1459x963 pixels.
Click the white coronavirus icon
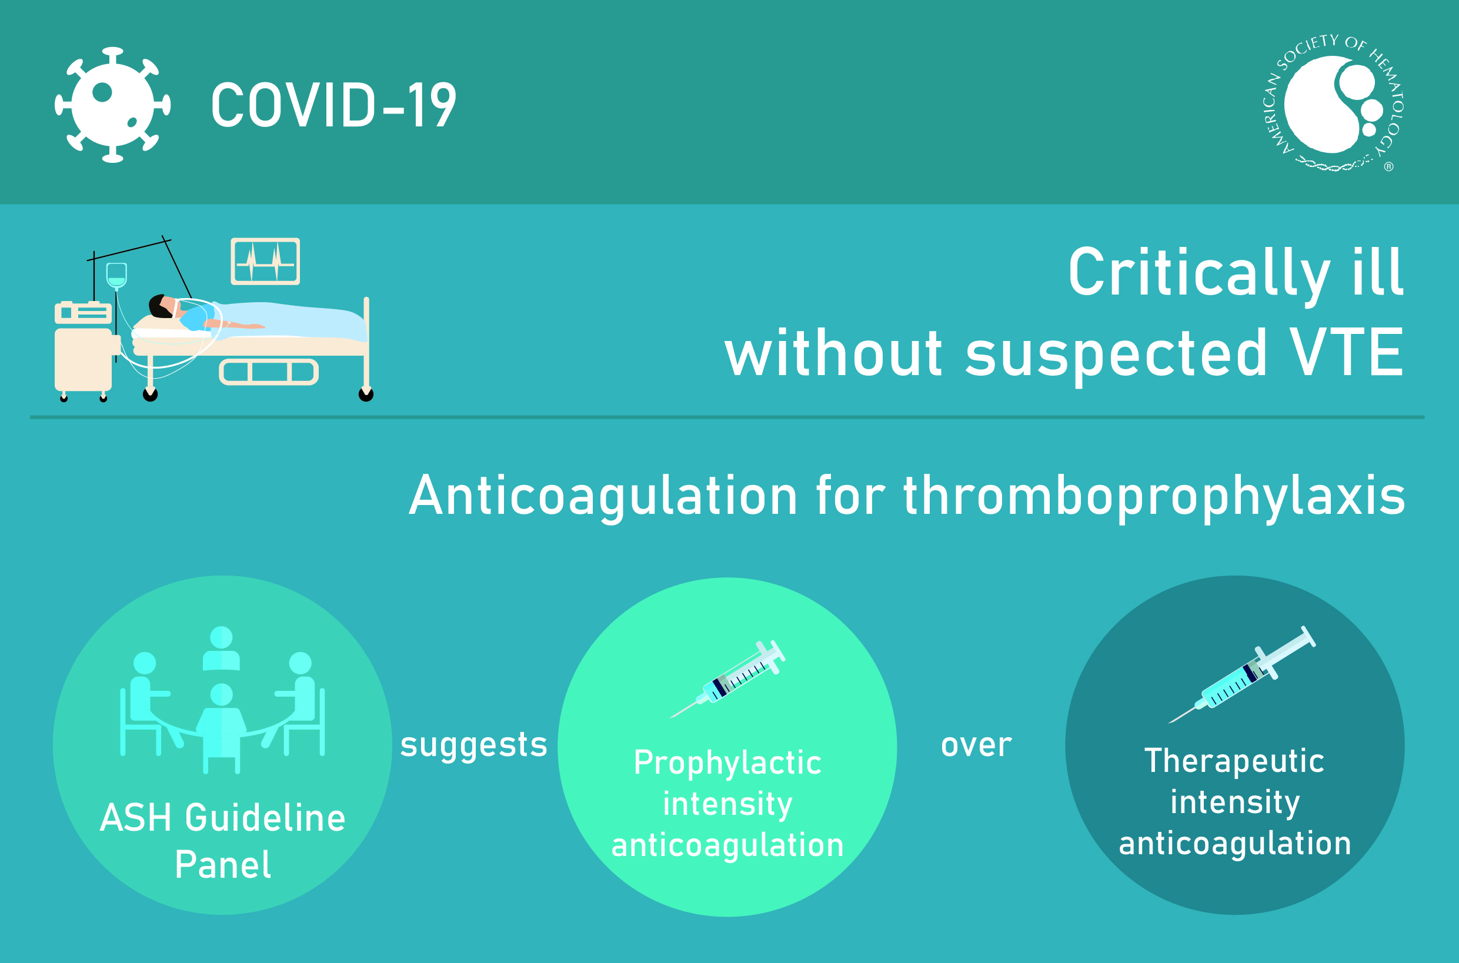point(112,105)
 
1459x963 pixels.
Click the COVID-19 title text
point(333,106)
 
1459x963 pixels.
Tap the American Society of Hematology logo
point(1333,105)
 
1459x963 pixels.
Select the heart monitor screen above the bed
point(265,261)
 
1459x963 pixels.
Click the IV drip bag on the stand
point(116,275)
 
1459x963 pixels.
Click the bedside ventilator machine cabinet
point(84,359)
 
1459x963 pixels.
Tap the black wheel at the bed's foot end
point(366,394)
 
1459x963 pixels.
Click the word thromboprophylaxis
point(1154,496)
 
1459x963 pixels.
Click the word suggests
point(473,745)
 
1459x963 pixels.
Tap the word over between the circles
point(976,745)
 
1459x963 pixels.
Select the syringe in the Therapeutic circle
point(1241,676)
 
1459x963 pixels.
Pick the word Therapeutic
point(1234,761)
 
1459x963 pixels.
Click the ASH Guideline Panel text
point(222,841)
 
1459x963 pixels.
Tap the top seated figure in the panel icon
point(221,648)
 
